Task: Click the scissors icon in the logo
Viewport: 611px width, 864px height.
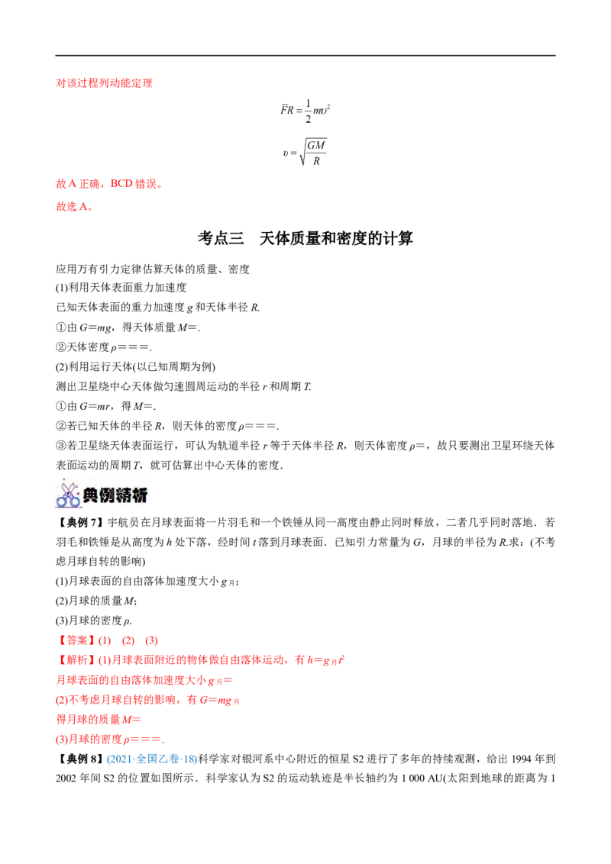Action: tap(67, 495)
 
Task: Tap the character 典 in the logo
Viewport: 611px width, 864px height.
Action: tap(91, 495)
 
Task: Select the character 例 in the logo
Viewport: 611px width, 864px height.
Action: tap(107, 495)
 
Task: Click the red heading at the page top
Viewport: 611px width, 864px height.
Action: tap(104, 84)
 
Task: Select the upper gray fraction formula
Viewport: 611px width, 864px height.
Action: tap(305, 111)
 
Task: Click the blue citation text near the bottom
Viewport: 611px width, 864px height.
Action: tap(150, 759)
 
